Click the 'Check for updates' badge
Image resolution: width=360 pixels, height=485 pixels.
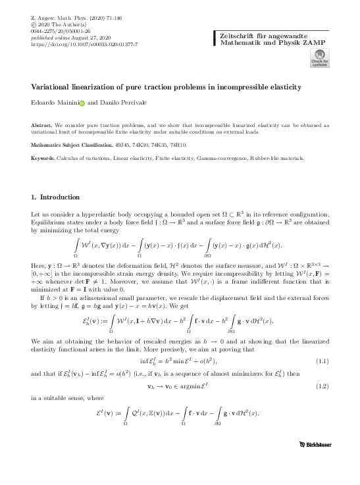pyautogui.click(x=319, y=61)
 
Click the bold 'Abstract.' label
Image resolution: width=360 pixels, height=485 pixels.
pyautogui.click(x=42, y=124)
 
